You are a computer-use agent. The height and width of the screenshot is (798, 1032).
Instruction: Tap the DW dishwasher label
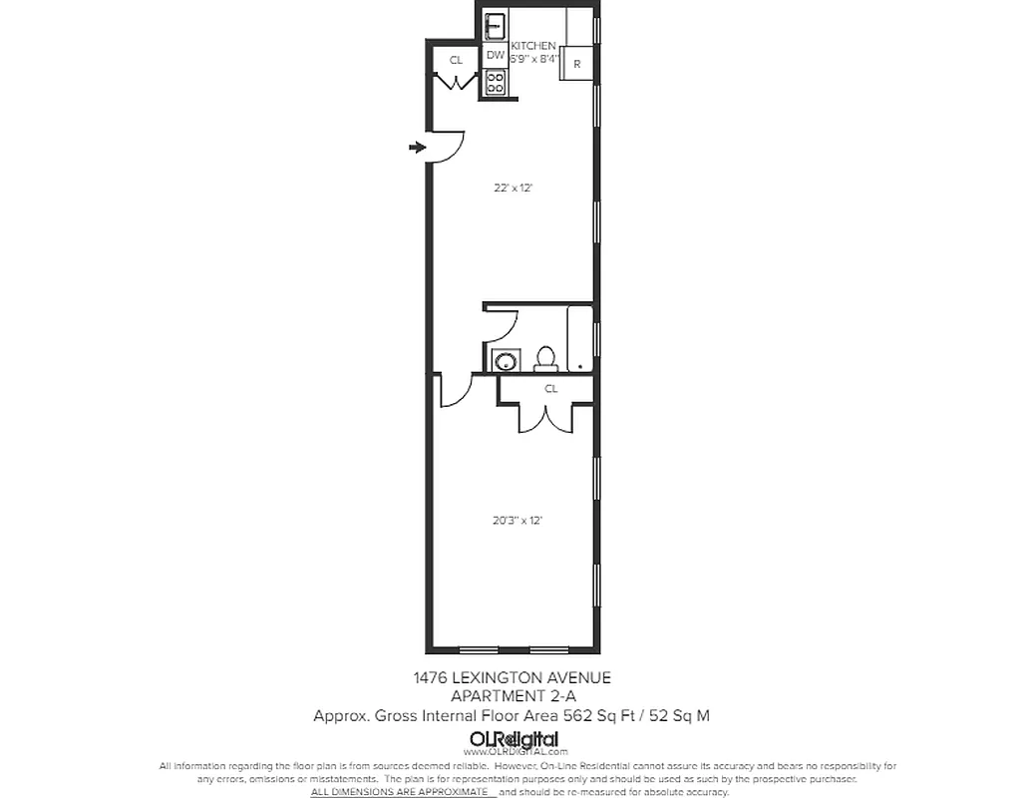tap(495, 55)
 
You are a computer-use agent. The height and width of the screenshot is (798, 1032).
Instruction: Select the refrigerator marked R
tap(577, 64)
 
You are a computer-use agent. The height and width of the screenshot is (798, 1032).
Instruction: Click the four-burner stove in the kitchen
tap(495, 84)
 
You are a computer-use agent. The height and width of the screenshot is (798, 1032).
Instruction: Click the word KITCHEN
tap(533, 46)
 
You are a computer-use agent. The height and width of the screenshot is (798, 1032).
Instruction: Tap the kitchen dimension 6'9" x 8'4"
tap(533, 59)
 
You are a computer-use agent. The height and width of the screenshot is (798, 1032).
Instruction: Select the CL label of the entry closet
tap(456, 61)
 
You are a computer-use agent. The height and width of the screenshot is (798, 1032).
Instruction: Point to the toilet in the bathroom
tap(545, 358)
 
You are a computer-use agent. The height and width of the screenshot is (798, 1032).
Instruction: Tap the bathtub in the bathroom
tap(579, 339)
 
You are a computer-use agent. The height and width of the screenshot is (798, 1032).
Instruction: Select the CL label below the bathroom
tap(550, 389)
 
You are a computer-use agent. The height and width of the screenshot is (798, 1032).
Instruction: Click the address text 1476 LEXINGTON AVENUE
tap(512, 678)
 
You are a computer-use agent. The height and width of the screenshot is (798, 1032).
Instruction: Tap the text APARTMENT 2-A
tap(514, 696)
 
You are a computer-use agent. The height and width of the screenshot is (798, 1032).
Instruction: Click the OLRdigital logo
tap(514, 739)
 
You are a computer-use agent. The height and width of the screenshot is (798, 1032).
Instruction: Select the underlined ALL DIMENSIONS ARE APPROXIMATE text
tap(403, 791)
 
